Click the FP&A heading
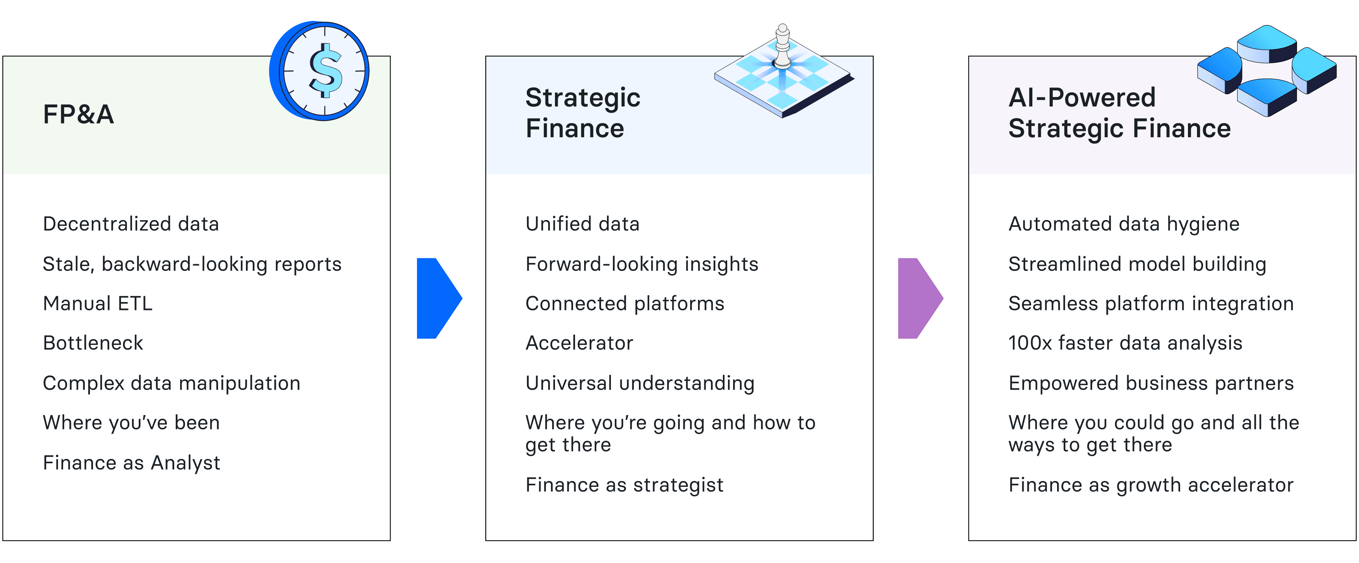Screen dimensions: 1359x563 (78, 114)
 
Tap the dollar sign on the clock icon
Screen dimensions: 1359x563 (325, 70)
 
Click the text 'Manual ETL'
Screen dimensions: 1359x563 (98, 304)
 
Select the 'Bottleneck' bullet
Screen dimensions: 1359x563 (93, 343)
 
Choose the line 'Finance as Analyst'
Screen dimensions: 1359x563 (131, 463)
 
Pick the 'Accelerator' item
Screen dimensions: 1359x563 (579, 343)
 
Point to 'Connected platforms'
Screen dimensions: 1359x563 (625, 304)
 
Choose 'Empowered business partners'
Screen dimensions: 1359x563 (1151, 383)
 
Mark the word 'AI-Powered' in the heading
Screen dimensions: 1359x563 (1082, 98)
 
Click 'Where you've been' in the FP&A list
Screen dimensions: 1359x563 (131, 423)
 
